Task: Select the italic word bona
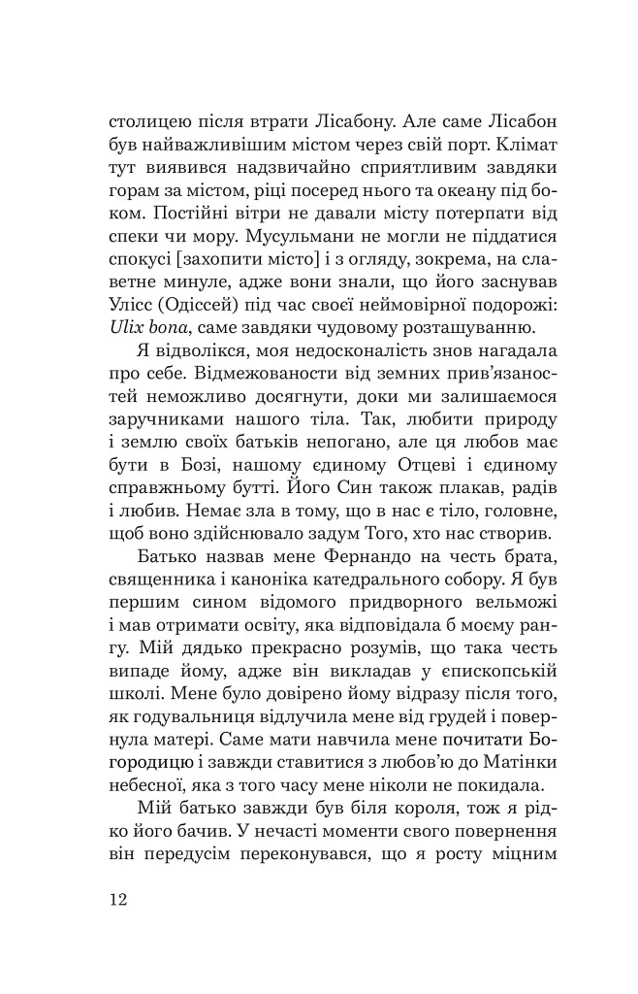click(175, 327)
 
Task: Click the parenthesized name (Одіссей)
click(218, 302)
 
